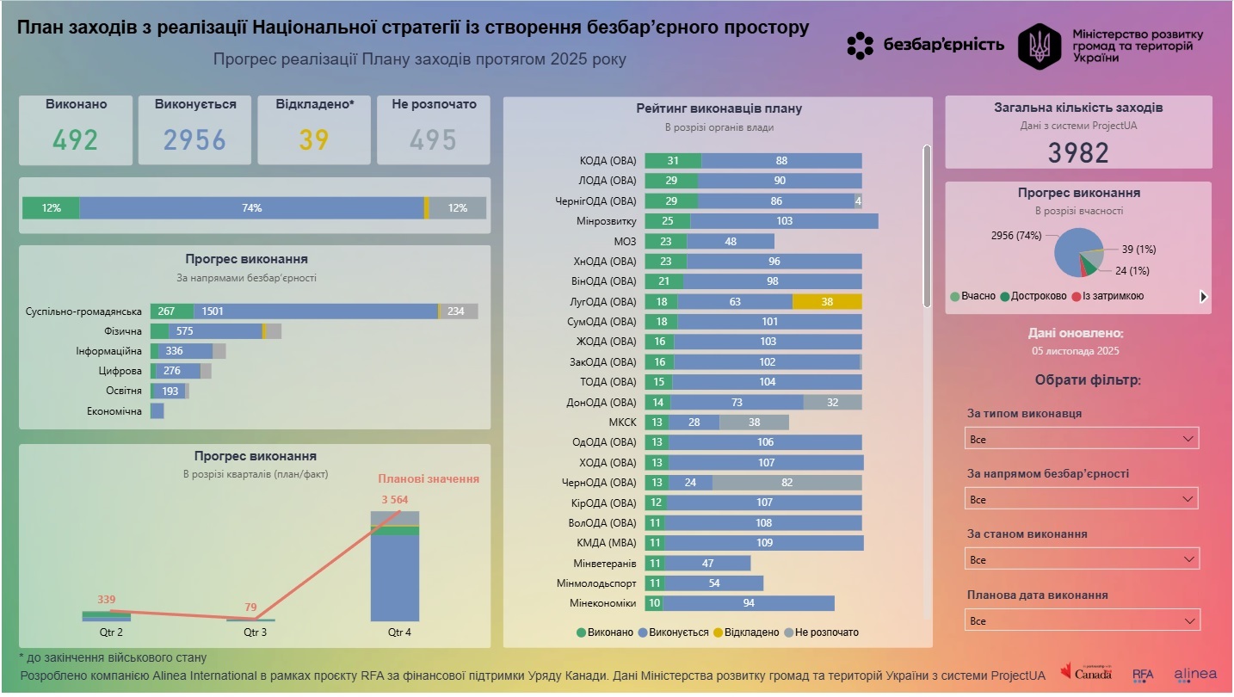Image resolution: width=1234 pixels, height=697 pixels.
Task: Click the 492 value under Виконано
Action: pyautogui.click(x=76, y=139)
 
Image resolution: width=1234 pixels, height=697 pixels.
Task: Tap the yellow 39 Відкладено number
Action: pyautogui.click(x=314, y=139)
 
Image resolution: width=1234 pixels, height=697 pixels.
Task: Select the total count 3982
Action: pyautogui.click(x=1077, y=152)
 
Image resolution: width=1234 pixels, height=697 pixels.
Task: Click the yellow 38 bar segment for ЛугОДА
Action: pyautogui.click(x=827, y=302)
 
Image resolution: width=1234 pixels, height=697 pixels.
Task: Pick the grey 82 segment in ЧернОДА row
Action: pyautogui.click(x=787, y=483)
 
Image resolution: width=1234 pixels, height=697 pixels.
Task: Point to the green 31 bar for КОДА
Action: pyautogui.click(x=673, y=161)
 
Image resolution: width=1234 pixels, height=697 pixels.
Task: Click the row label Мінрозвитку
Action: pyautogui.click(x=607, y=221)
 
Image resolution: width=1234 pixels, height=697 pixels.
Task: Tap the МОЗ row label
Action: pyautogui.click(x=625, y=242)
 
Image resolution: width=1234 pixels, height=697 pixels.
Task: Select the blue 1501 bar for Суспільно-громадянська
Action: pyautogui.click(x=315, y=311)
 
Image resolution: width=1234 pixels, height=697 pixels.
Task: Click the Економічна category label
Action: pyautogui.click(x=114, y=411)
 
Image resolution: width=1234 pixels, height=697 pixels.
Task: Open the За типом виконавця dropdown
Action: pyautogui.click(x=1082, y=439)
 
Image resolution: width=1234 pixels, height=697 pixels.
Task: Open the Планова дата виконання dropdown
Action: pyautogui.click(x=1082, y=620)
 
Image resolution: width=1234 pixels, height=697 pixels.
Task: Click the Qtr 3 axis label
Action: pyautogui.click(x=256, y=632)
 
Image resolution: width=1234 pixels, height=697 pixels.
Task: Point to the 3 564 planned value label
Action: pyautogui.click(x=396, y=499)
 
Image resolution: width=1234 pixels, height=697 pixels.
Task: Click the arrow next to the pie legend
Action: pyautogui.click(x=1203, y=297)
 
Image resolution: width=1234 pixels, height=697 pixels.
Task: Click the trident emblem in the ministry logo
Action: pyautogui.click(x=1040, y=46)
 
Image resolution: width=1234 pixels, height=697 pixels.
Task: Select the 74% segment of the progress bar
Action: pyautogui.click(x=251, y=208)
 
